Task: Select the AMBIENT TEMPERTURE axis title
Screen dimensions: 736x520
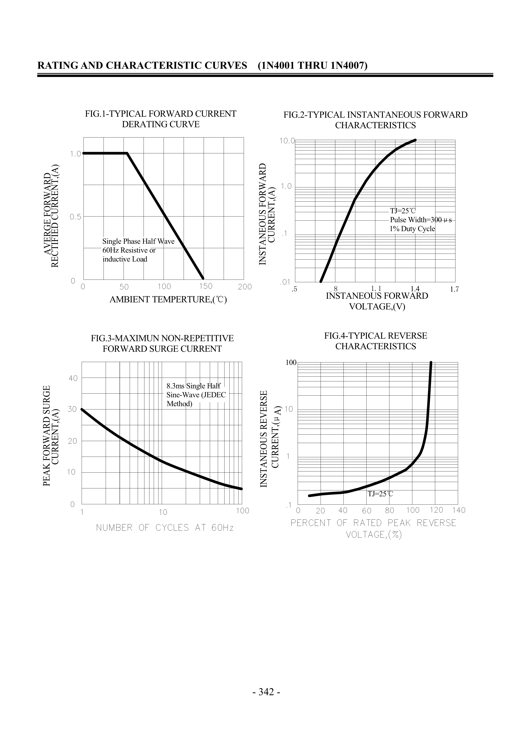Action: [x=168, y=300]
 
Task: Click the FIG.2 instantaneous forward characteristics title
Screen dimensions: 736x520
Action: [x=375, y=120]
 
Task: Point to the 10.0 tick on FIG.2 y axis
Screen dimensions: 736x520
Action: [x=287, y=141]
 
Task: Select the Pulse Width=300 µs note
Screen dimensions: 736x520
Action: [x=420, y=220]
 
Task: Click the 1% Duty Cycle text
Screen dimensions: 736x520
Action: [x=412, y=229]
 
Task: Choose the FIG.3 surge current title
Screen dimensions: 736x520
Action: [x=162, y=343]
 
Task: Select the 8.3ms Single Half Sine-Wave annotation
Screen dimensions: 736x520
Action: [x=196, y=395]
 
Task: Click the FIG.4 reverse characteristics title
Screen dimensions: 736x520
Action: [x=376, y=341]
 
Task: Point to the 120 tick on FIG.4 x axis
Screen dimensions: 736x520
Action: [x=436, y=510]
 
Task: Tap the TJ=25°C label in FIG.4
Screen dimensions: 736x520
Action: [x=380, y=494]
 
